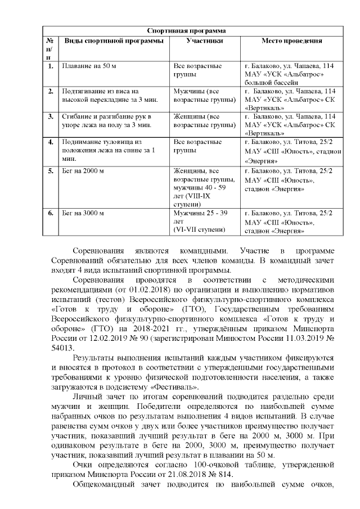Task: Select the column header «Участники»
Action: (x=204, y=41)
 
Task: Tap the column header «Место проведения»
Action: (x=292, y=41)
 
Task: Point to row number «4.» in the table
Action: (x=51, y=141)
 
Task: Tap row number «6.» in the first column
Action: (x=51, y=213)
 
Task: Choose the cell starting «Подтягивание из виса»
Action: (x=101, y=96)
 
